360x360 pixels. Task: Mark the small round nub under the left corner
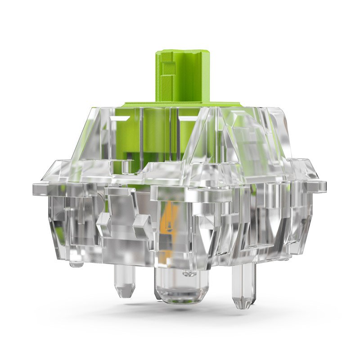(x=76, y=263)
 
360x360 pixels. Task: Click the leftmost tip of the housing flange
(x=34, y=185)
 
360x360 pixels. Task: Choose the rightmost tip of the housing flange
(x=325, y=184)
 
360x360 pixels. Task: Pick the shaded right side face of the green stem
(x=203, y=76)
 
